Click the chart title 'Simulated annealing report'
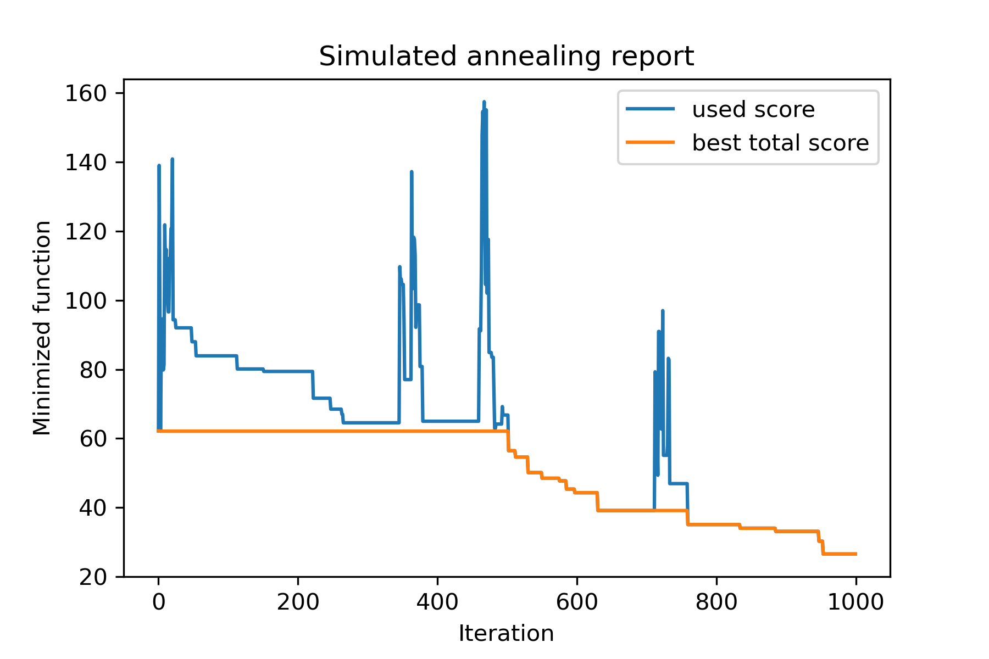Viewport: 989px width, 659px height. click(506, 57)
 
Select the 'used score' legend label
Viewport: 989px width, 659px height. click(753, 109)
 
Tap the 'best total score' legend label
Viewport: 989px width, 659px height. click(780, 143)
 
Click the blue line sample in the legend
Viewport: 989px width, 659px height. click(651, 109)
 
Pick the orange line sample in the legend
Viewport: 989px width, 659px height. click(651, 142)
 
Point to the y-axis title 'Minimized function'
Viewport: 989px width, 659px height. click(42, 328)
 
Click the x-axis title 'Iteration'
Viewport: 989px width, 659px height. click(506, 634)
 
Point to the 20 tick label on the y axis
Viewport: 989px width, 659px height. click(92, 577)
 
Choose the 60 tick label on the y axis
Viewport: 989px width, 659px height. click(92, 439)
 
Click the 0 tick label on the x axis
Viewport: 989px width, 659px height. click(159, 602)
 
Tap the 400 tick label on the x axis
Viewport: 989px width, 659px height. click(437, 602)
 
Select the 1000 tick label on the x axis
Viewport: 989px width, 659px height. click(855, 602)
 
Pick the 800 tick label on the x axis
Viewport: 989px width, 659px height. click(716, 602)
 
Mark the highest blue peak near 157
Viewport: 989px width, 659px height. click(484, 102)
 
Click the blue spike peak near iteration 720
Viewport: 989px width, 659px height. click(663, 311)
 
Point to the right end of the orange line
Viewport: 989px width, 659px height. click(855, 554)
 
